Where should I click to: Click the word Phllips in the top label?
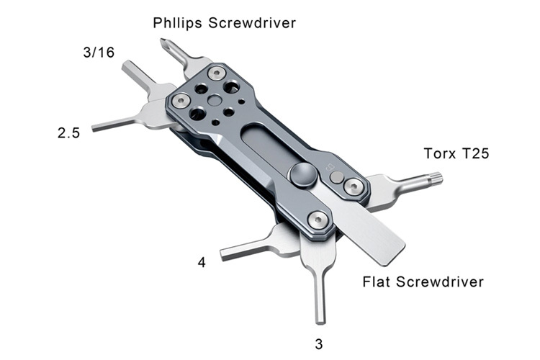[x=178, y=23]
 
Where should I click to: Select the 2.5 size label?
[x=68, y=133]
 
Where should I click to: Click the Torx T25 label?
[x=456, y=153]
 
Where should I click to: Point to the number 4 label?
[x=202, y=263]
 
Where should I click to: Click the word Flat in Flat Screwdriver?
[x=377, y=281]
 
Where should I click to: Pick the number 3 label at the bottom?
[x=319, y=343]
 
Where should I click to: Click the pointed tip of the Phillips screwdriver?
[x=163, y=42]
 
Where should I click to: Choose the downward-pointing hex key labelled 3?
[x=320, y=295]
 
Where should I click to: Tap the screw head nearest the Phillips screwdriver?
[x=215, y=73]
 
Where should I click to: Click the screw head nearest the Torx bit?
[x=352, y=186]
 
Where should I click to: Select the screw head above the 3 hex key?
[x=316, y=221]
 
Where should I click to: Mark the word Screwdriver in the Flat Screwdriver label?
[x=443, y=281]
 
